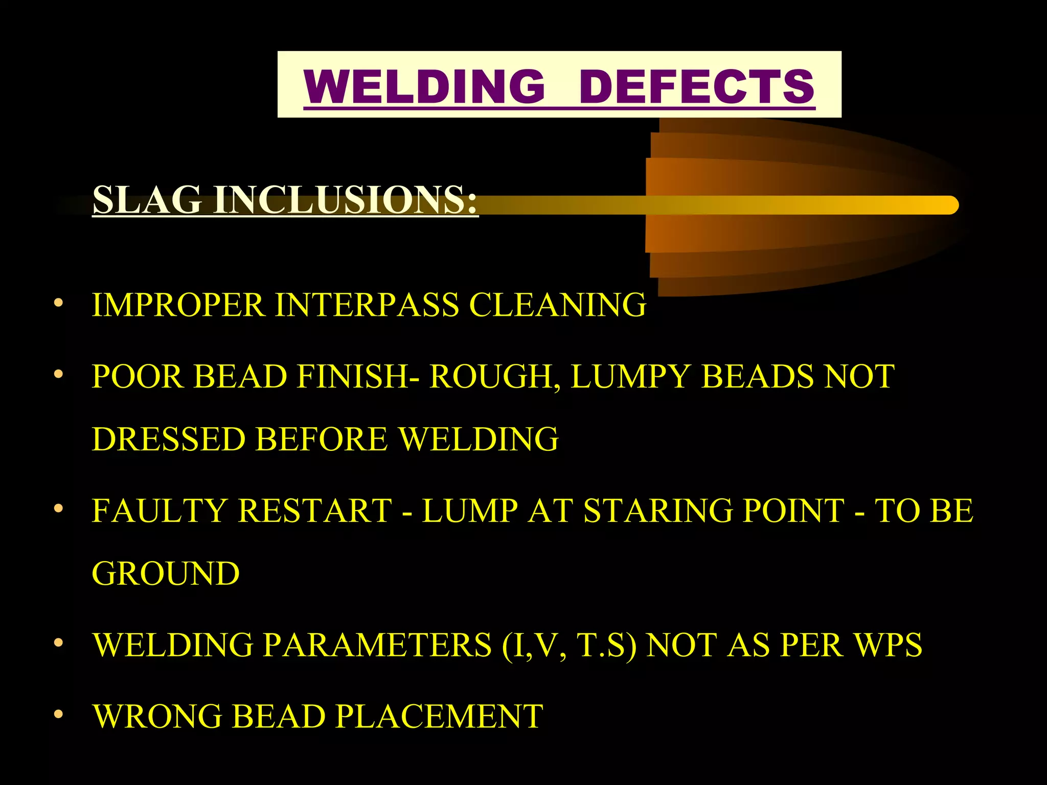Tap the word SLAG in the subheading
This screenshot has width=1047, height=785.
click(x=147, y=199)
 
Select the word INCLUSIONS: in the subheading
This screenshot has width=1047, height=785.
click(x=346, y=199)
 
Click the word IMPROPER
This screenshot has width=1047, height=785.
click(x=178, y=305)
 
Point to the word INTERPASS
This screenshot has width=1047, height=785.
click(x=367, y=305)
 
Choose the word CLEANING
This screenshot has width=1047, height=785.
click(x=558, y=305)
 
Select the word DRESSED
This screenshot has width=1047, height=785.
click(x=169, y=439)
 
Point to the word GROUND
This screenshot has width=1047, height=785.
click(x=166, y=573)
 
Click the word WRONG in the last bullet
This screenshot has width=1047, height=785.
click(x=158, y=716)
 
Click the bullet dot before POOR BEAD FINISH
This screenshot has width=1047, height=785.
click(x=59, y=374)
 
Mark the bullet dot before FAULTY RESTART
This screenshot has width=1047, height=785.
click(x=59, y=508)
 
